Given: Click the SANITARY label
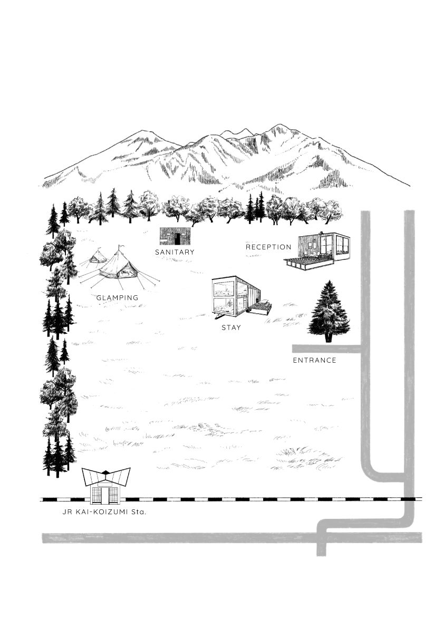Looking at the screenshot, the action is click(175, 253).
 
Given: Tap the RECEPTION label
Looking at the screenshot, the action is click(268, 247).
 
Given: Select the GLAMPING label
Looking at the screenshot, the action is click(117, 298).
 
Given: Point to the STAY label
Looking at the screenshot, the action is click(231, 327).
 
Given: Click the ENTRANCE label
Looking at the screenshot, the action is click(314, 361).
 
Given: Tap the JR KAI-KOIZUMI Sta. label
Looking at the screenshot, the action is click(104, 512).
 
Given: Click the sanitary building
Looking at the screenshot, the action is click(175, 236).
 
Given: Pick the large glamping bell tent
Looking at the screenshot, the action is click(119, 266).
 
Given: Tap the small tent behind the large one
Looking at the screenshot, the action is click(98, 257).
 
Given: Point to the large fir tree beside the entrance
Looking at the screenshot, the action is click(329, 312).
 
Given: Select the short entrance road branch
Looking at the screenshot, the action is click(327, 349).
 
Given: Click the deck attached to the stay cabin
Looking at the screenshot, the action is click(262, 308).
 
